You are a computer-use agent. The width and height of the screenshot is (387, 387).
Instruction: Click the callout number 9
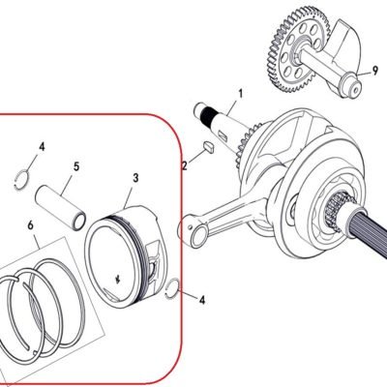[x=374, y=71]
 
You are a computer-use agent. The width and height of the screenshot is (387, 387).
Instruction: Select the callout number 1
[x=240, y=94]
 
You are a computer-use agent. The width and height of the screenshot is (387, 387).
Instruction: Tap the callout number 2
[x=185, y=165]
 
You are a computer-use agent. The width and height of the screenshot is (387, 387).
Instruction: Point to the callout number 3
[x=135, y=178]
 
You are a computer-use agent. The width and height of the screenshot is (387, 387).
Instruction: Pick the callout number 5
[x=76, y=167]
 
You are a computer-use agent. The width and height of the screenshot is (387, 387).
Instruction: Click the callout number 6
[x=31, y=225]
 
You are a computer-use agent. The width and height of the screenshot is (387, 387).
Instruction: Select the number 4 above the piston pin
[x=42, y=147]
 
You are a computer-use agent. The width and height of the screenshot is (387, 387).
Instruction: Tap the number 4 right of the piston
[x=202, y=300]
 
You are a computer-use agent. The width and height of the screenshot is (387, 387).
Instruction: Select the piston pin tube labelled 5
[x=61, y=207]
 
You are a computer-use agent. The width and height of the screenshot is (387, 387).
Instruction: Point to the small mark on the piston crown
[x=118, y=280]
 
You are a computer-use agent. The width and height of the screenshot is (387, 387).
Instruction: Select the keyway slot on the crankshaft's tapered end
[x=222, y=134]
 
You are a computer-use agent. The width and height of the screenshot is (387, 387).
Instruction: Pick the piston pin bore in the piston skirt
[x=154, y=266]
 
